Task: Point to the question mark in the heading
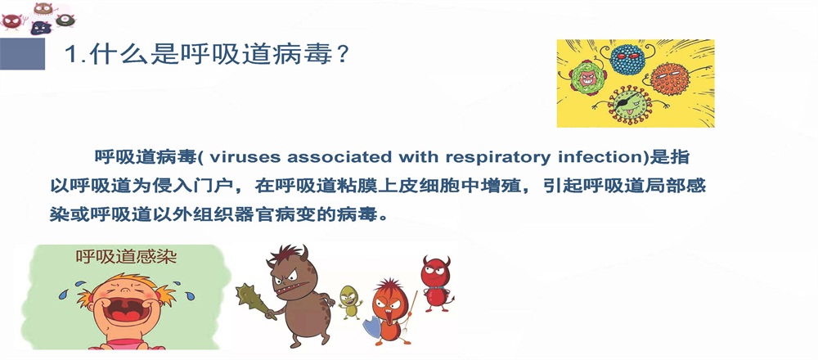click(x=342, y=54)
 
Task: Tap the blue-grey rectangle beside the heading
click(x=22, y=54)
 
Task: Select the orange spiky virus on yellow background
click(x=671, y=79)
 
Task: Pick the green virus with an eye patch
click(x=629, y=103)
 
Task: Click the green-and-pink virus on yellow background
click(x=587, y=79)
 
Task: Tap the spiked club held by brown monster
click(x=253, y=299)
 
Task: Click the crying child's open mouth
click(x=124, y=310)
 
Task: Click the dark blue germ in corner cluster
click(x=41, y=28)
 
